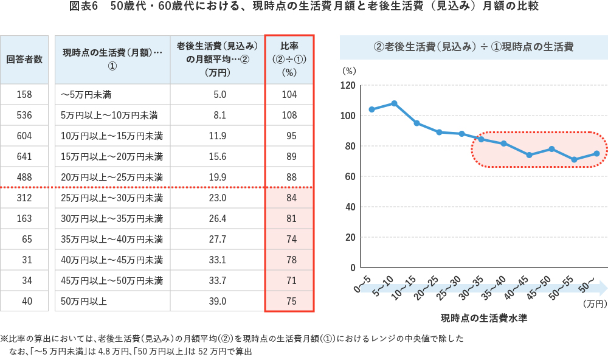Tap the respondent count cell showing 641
[x=24, y=156]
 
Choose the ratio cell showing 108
[x=289, y=115]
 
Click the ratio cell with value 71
[x=289, y=280]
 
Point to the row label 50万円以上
[x=84, y=301]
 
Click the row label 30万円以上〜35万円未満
[x=112, y=218]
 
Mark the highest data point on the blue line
[x=394, y=103]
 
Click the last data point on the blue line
[x=596, y=153]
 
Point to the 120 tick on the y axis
[x=348, y=85]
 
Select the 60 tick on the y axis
[x=351, y=176]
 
